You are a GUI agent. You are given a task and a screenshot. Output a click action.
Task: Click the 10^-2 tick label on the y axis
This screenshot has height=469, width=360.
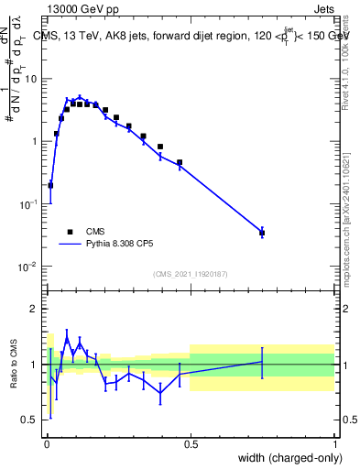coord(28,267)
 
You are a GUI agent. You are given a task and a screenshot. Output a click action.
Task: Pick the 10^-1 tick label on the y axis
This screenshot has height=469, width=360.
coord(28,204)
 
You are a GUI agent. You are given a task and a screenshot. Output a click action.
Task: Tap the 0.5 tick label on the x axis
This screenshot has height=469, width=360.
coord(191,443)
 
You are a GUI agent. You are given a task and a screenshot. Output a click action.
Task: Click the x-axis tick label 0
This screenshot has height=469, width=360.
coord(47,443)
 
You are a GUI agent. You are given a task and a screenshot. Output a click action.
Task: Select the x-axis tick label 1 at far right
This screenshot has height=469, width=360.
coord(334,443)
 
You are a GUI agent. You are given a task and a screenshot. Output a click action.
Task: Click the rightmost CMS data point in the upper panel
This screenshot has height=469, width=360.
coord(262,233)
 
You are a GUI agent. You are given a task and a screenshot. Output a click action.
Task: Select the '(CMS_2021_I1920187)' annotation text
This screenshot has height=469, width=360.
coord(190,274)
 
